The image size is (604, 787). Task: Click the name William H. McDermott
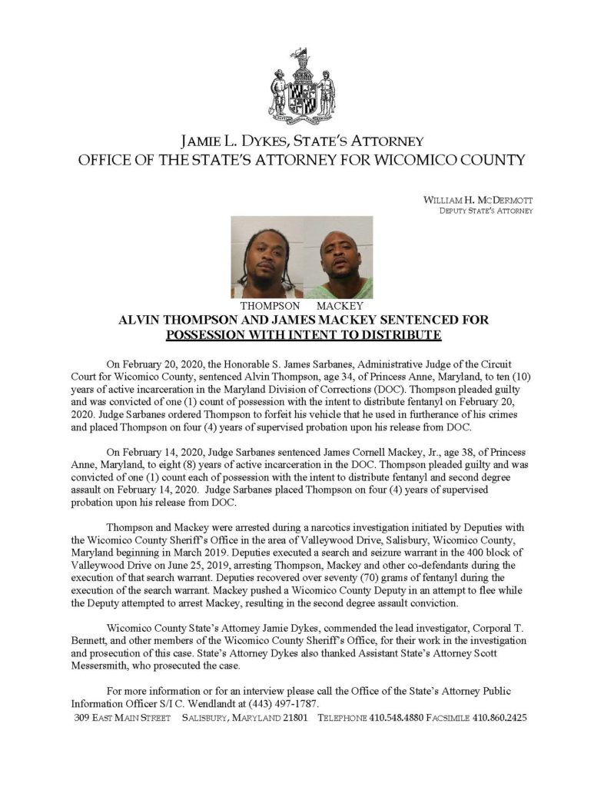(x=478, y=200)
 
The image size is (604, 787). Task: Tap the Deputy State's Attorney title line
(x=486, y=211)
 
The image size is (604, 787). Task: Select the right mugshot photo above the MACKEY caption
(x=337, y=257)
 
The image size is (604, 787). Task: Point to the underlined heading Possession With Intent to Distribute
(x=303, y=334)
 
